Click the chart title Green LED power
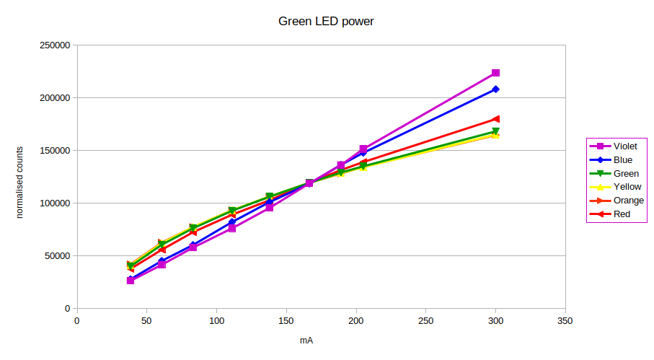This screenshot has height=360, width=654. [x=326, y=21]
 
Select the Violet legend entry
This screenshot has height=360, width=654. [x=624, y=146]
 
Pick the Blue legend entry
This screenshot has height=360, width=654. [x=622, y=160]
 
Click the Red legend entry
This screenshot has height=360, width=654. [x=621, y=214]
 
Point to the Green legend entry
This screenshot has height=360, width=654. [x=624, y=174]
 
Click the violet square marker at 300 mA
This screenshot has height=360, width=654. [x=495, y=73]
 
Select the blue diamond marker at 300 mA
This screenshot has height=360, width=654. [x=495, y=89]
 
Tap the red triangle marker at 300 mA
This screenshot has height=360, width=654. [x=495, y=119]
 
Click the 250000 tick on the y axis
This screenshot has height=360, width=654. [x=55, y=45]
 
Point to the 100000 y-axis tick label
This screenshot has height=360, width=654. [x=55, y=203]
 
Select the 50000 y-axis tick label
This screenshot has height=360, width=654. [x=57, y=256]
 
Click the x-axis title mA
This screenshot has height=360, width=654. [x=306, y=340]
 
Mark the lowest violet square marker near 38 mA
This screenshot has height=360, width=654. [x=131, y=281]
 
